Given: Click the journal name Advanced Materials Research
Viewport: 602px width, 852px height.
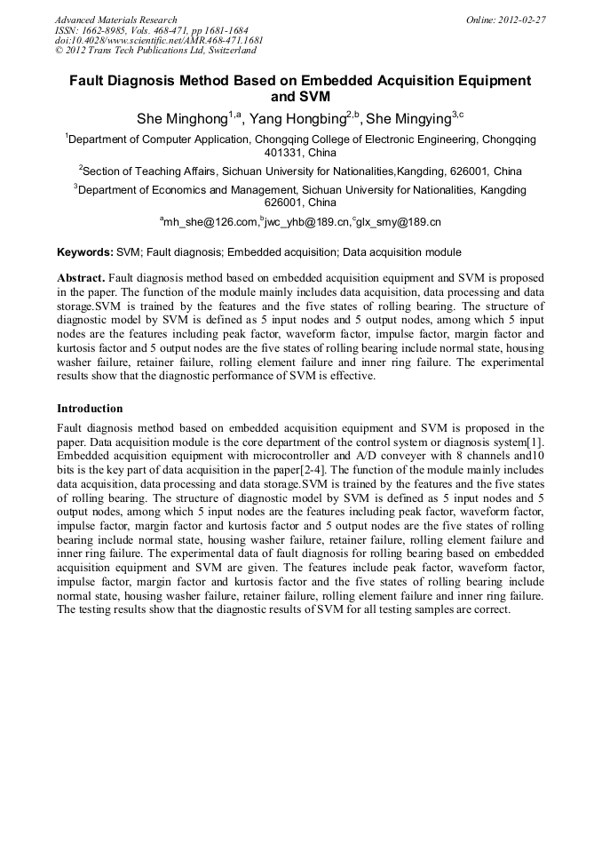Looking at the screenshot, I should tap(115, 20).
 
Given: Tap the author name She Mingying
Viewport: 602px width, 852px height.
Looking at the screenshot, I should tap(409, 118).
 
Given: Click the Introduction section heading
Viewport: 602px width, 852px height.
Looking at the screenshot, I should tap(90, 409).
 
